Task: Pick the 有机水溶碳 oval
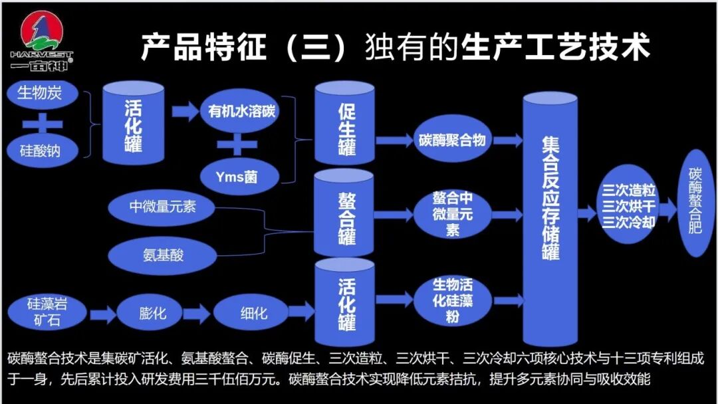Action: tap(239, 111)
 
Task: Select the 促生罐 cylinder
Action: tap(345, 124)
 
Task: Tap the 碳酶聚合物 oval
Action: tap(452, 140)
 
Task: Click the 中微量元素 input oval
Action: tap(162, 207)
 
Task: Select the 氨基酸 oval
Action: tap(162, 254)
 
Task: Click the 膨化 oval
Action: tap(152, 312)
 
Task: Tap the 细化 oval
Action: tap(253, 312)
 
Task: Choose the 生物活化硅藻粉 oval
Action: tap(452, 300)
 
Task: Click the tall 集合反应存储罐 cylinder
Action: tap(550, 199)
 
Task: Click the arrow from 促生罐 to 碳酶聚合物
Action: tap(395, 140)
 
